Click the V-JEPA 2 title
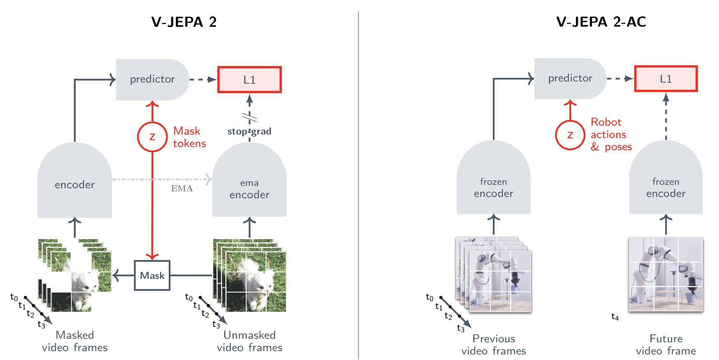pyautogui.click(x=184, y=22)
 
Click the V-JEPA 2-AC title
pyautogui.click(x=601, y=22)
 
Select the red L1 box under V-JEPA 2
pyautogui.click(x=249, y=79)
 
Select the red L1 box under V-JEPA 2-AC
pyautogui.click(x=666, y=79)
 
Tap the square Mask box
pyautogui.click(x=152, y=275)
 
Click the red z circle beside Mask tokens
pyautogui.click(x=152, y=137)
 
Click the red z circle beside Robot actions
pyautogui.click(x=570, y=135)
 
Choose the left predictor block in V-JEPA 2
pyautogui.click(x=152, y=79)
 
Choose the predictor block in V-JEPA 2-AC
pyautogui.click(x=570, y=79)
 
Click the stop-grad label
pyautogui.click(x=249, y=131)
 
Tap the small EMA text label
pyautogui.click(x=182, y=188)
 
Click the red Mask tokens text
pyautogui.click(x=189, y=137)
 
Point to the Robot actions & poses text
pyautogui.click(x=611, y=134)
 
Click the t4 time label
pyautogui.click(x=615, y=317)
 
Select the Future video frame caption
pyautogui.click(x=666, y=345)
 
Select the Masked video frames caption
pyautogui.click(x=75, y=341)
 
